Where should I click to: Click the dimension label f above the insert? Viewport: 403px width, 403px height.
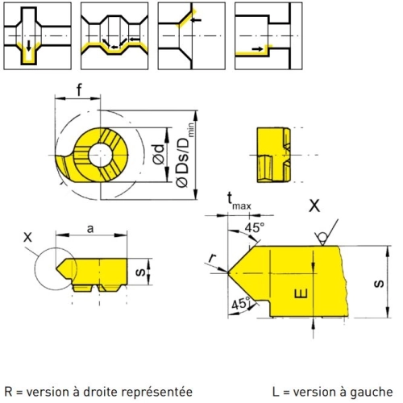(x=79, y=90)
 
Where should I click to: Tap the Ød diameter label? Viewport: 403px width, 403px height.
(x=159, y=154)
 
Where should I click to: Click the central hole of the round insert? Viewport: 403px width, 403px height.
(x=101, y=155)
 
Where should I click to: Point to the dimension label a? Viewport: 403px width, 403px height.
(x=90, y=229)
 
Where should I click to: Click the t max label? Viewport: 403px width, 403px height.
(x=239, y=201)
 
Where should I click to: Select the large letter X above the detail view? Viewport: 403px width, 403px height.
(x=314, y=206)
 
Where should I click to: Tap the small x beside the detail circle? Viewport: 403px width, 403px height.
(x=27, y=237)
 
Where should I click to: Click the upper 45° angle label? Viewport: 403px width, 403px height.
(x=255, y=227)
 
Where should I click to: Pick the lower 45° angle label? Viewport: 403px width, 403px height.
(x=241, y=304)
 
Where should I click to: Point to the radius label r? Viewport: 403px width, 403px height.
(x=213, y=258)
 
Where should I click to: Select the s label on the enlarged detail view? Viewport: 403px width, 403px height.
(x=379, y=283)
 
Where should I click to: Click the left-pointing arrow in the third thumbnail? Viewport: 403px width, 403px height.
(x=196, y=20)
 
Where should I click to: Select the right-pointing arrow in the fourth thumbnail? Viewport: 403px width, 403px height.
(x=258, y=48)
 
